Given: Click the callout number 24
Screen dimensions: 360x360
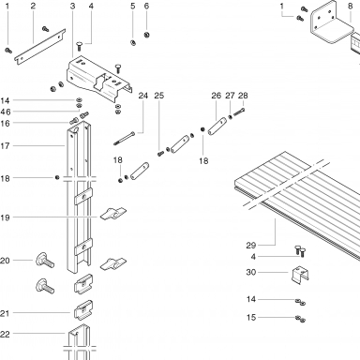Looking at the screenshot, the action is point(142,96).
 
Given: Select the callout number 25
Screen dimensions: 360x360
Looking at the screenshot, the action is point(158,96).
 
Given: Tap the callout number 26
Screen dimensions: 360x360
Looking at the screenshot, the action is point(216,96).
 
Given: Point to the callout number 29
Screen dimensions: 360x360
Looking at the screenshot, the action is point(251,246).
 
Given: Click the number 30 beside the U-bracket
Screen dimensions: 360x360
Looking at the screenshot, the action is point(251,272).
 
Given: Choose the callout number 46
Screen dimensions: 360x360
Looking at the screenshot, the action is point(6,112).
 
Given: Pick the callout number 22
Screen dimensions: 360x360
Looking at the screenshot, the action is point(5,334).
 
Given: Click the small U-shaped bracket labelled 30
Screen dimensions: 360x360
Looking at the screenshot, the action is point(301,276).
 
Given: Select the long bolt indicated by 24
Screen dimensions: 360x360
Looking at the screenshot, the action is point(125,138).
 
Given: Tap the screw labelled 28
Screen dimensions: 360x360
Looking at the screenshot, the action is point(239,112).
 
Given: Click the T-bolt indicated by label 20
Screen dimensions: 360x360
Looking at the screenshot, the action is point(45,261).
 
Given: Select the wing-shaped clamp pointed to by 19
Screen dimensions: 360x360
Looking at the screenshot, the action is point(113,214).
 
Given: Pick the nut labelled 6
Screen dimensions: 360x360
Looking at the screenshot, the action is point(146,35).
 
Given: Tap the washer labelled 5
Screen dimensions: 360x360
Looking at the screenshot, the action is point(132,42).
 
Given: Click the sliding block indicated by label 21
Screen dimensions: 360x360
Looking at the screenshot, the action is point(83,310).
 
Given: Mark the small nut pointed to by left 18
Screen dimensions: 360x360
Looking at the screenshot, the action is point(57,177).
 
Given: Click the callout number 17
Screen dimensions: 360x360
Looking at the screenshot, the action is point(6,145).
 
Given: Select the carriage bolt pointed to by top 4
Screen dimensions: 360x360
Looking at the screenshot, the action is point(79,48).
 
